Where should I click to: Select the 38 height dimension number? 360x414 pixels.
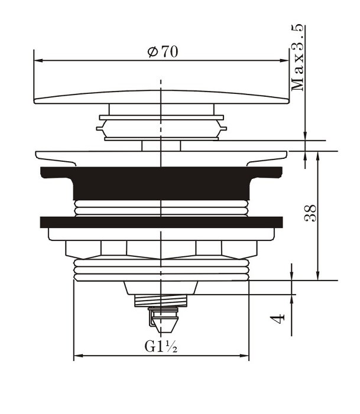(x=310, y=214)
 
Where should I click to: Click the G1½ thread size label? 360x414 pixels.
(x=161, y=347)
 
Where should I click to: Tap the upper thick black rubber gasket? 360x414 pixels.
(x=161, y=183)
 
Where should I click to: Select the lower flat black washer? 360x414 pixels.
(x=161, y=222)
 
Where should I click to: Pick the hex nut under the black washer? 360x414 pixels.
(x=161, y=248)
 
